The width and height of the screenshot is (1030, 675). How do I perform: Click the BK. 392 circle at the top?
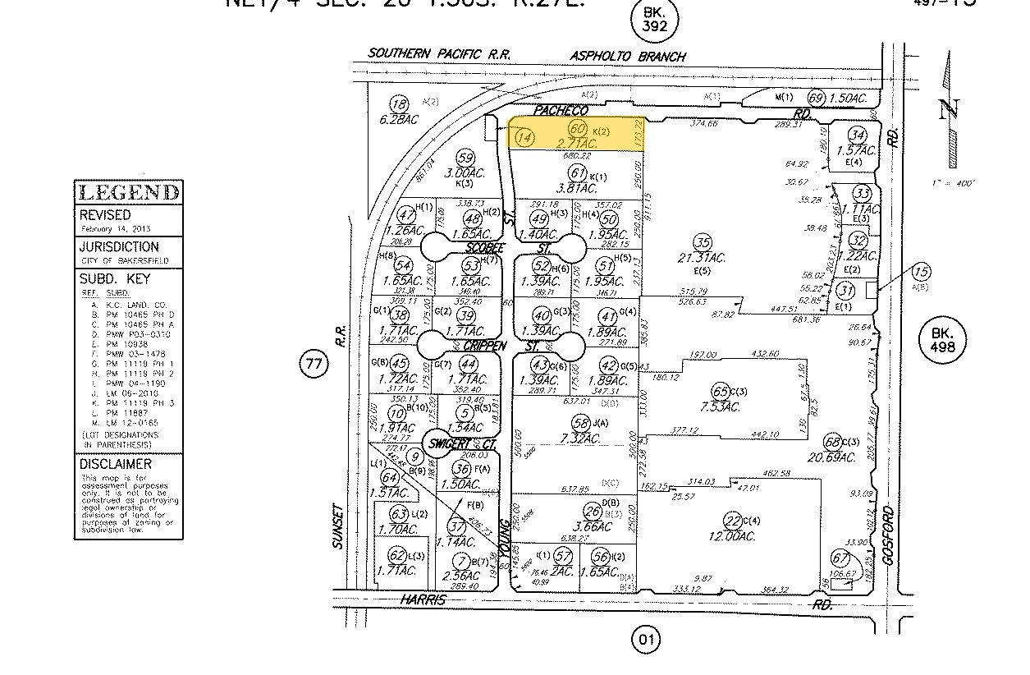[656, 20]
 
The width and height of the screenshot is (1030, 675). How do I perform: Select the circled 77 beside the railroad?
[314, 364]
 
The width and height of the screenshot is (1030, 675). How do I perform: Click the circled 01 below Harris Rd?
[648, 639]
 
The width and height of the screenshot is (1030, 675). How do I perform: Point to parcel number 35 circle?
[702, 243]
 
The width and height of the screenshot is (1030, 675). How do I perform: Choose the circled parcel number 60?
[577, 129]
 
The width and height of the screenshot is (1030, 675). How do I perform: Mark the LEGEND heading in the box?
[129, 193]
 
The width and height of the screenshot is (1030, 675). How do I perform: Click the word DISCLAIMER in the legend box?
[116, 464]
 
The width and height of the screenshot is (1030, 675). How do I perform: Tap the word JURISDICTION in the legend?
[119, 246]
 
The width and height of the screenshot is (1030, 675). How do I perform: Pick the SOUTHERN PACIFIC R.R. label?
[440, 53]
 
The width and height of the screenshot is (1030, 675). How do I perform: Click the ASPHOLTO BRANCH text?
[628, 57]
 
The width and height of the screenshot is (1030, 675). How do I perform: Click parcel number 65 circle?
[721, 391]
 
